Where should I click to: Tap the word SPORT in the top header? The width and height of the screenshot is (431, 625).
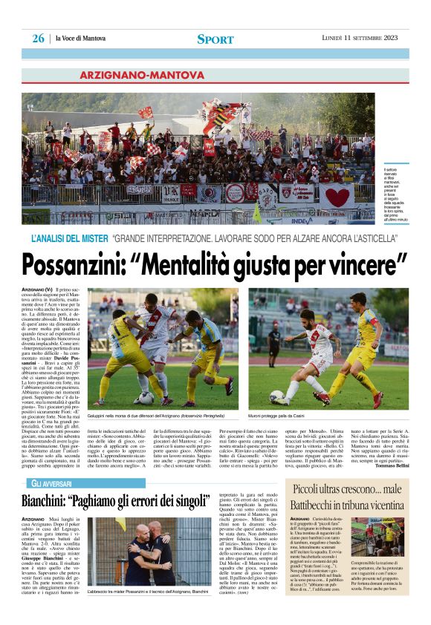click(x=215, y=39)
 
